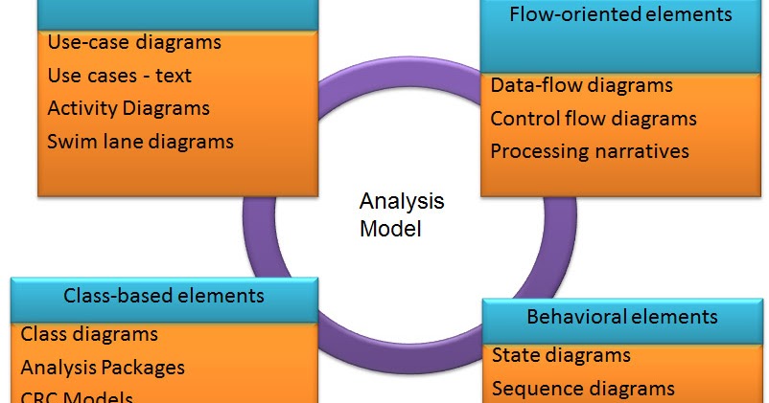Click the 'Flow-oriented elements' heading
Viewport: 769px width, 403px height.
[620, 14]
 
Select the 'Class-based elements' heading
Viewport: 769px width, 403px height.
[163, 296]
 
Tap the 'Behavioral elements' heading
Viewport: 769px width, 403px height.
[621, 317]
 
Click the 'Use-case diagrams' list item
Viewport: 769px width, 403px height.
[134, 42]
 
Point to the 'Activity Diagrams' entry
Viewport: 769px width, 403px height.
[128, 108]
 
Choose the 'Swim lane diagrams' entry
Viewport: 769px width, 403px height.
[140, 142]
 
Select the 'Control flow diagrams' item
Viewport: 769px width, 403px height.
[594, 119]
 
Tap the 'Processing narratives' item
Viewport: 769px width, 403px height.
[590, 151]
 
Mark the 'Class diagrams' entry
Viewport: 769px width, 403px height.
[89, 334]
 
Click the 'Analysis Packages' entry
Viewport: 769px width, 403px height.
[103, 367]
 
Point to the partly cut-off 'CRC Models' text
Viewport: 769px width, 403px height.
[77, 397]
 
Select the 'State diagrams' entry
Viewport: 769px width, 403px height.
[561, 355]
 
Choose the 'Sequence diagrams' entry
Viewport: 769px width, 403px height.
[583, 388]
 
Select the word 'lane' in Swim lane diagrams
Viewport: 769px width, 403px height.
[122, 142]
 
